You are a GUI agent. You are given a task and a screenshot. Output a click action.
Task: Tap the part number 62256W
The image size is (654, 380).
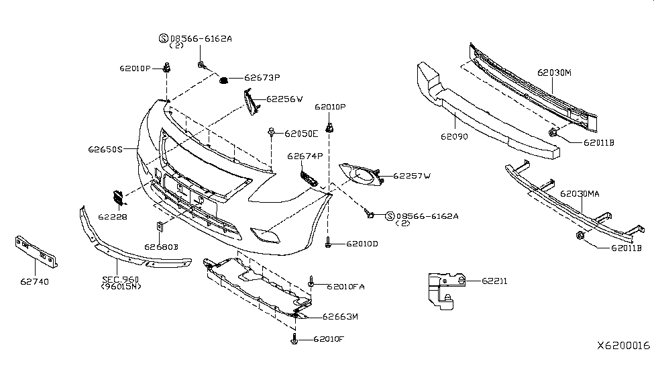[x=284, y=99]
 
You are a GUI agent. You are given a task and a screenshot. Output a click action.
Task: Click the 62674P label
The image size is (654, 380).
[x=305, y=156]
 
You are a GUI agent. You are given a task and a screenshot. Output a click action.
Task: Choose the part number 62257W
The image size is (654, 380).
[x=412, y=176]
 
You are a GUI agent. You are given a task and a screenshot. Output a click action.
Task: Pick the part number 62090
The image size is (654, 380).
[x=454, y=136]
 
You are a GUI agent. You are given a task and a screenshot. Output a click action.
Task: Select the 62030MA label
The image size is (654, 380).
[x=580, y=194]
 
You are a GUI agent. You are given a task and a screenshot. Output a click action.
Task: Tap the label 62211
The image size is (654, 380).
[x=494, y=281]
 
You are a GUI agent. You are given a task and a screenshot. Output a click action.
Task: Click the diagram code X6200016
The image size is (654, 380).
[x=623, y=345]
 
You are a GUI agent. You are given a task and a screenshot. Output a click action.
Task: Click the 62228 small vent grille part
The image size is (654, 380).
[x=117, y=199]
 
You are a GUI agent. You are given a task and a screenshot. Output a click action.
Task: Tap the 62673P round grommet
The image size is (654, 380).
[x=224, y=81]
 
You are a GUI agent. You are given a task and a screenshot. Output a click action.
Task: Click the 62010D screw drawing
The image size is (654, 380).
[x=328, y=244]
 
